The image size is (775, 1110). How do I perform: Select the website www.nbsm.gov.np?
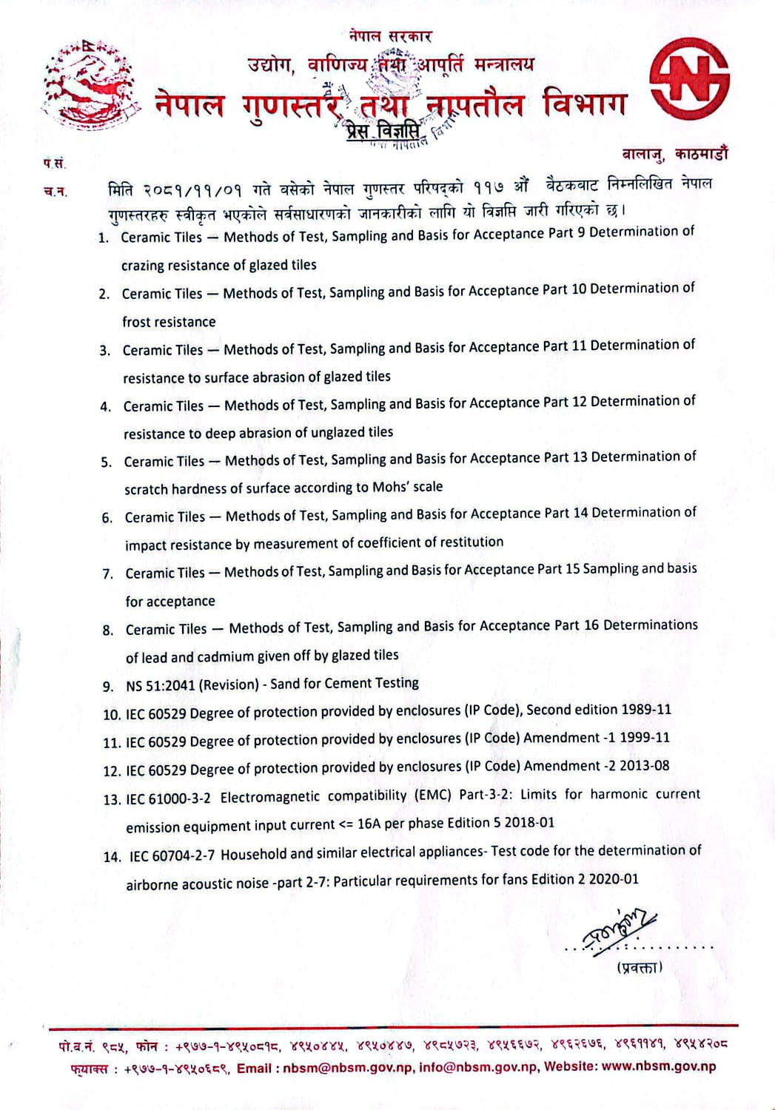click(658, 1066)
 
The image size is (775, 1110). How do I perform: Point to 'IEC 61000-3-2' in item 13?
click(168, 798)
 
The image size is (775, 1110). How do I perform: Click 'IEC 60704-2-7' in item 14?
click(172, 855)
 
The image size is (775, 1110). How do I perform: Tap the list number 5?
click(107, 462)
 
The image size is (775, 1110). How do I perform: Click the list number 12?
click(111, 771)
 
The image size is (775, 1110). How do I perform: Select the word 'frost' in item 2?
click(138, 322)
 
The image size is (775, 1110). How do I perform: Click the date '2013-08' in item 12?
click(644, 765)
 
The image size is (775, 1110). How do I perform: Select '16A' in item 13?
click(369, 824)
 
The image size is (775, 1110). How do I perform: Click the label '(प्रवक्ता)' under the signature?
click(639, 967)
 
